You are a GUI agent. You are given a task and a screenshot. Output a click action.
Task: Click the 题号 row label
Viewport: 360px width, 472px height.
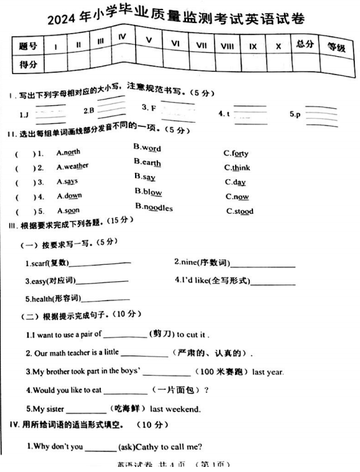[x=27, y=45]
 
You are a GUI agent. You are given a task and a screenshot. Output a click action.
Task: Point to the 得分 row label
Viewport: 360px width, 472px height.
[x=27, y=64]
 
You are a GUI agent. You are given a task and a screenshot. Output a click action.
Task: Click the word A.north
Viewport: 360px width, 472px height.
[x=69, y=152]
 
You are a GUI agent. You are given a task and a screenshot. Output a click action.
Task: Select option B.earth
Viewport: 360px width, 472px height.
[x=147, y=163]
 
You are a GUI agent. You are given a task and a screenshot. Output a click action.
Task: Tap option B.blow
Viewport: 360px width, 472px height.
[x=148, y=191]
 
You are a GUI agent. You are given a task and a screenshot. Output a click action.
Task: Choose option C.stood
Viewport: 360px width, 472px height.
[x=239, y=211]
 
